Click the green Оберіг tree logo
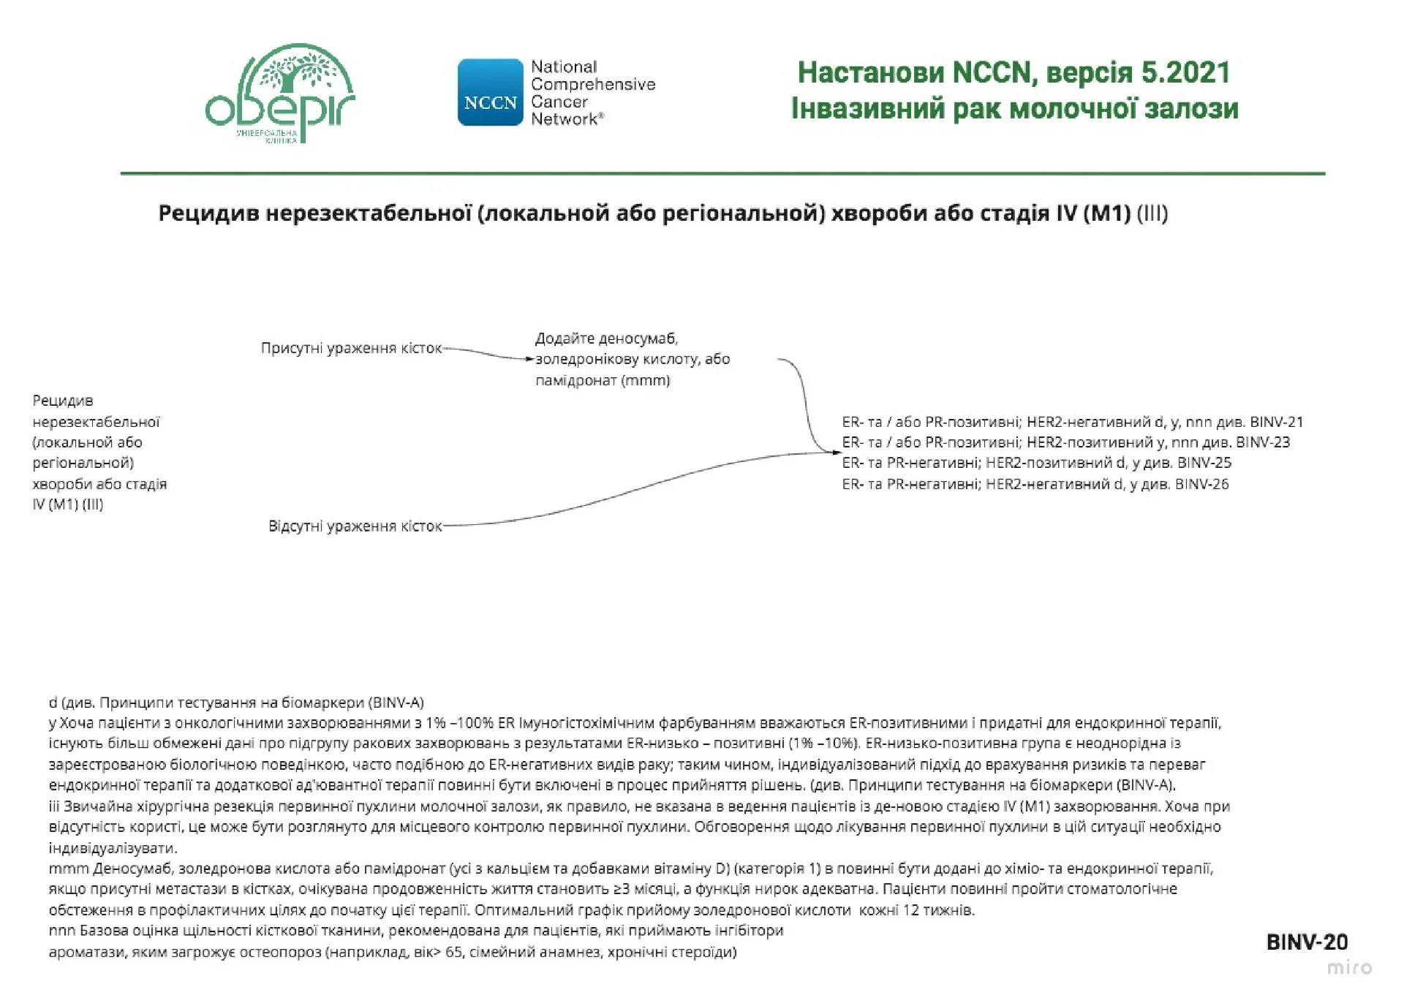280,94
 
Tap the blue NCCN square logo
490,93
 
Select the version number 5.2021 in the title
1185,72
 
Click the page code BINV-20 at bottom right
1307,942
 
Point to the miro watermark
1349,968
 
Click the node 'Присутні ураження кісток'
351,348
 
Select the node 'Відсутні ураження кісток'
355,526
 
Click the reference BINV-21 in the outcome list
1277,422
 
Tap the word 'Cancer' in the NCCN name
559,102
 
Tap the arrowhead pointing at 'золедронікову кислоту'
531,359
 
